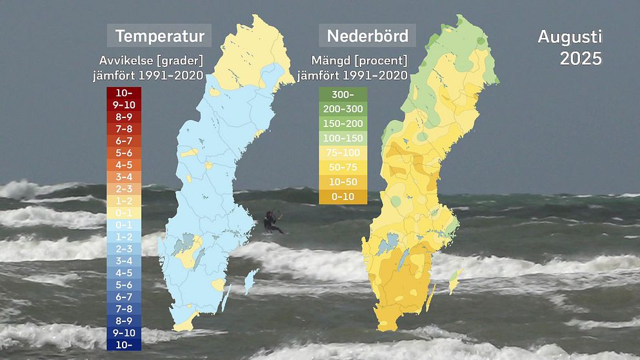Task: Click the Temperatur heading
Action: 159,35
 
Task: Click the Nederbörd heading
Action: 367,35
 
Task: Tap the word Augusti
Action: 570,36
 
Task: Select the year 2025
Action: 581,58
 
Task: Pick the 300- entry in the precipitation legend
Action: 343,94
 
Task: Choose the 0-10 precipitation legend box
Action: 343,197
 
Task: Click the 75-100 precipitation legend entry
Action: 343,153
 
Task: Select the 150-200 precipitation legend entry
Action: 343,123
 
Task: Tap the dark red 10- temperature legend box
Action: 125,93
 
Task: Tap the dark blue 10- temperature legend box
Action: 125,345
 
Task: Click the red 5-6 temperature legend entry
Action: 125,153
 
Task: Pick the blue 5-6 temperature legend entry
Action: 125,285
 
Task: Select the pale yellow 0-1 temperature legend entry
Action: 125,213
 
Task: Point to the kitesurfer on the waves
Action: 272,221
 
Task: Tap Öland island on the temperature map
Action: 226,299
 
